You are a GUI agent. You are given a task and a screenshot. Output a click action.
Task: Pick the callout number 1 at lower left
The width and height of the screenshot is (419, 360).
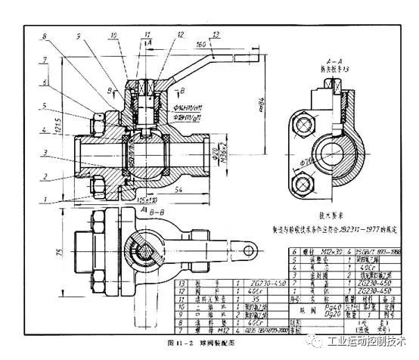click(x=45, y=199)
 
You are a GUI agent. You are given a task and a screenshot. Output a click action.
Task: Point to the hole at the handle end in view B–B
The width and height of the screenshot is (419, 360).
click(x=249, y=246)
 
